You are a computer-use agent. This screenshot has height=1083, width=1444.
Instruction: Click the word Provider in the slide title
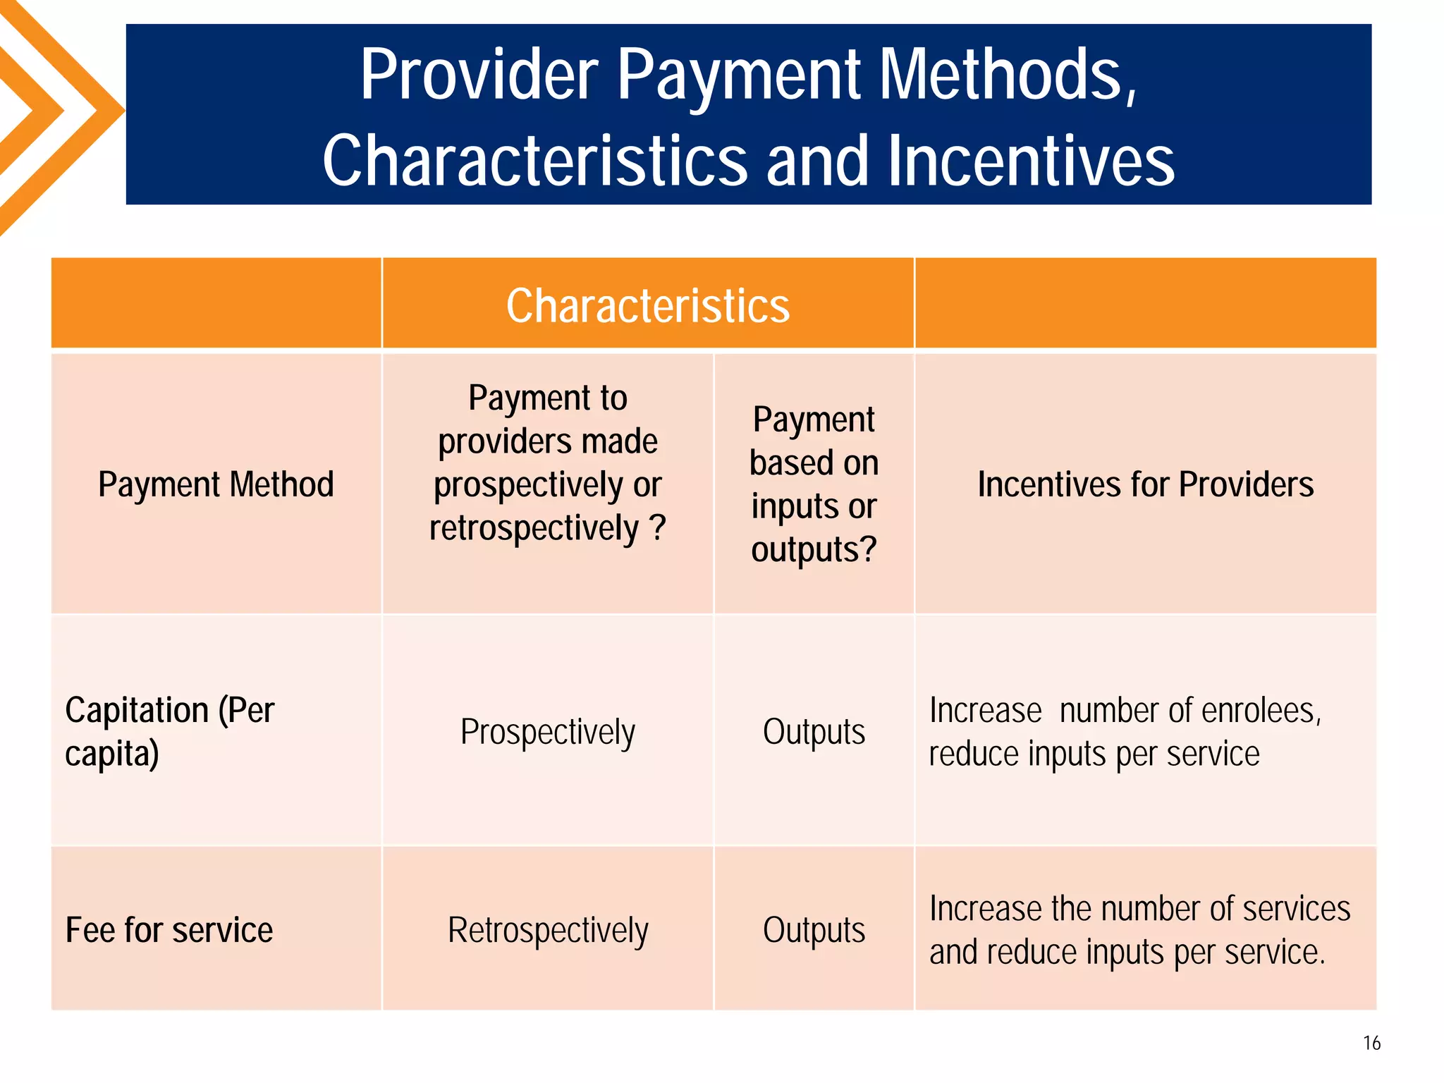(479, 75)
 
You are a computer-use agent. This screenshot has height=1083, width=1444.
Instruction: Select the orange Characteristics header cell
(647, 305)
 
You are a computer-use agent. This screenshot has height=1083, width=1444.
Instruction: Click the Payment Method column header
(216, 484)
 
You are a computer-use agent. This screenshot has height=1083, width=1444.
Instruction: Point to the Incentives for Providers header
(1145, 484)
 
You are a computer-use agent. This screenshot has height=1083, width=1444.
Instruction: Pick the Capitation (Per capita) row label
(169, 731)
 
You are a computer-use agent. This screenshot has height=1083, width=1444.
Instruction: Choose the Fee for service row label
(169, 930)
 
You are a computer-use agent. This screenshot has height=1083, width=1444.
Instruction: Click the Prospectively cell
(547, 732)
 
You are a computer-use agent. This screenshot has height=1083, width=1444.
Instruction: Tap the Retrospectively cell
(547, 930)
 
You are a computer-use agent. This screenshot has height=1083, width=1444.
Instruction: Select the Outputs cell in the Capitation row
(814, 732)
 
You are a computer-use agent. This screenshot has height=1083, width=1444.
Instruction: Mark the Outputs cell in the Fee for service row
(814, 930)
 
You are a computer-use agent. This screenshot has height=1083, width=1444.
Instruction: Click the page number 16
(1371, 1043)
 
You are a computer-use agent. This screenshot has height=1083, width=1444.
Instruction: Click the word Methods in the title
(1008, 75)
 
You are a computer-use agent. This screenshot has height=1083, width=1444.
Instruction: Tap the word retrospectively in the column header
(534, 528)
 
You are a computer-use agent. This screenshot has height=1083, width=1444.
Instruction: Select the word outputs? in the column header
(814, 550)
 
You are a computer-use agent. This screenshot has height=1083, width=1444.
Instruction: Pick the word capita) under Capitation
(112, 754)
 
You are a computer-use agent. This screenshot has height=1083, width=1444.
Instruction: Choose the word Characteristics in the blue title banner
(534, 161)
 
